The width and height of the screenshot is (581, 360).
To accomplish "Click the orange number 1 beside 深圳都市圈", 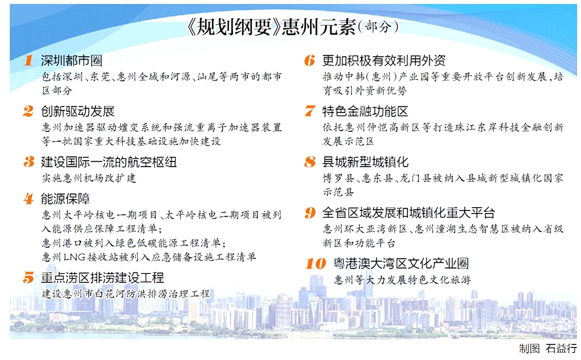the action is pyautogui.click(x=29, y=60).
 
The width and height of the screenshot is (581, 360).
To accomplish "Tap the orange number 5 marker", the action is pyautogui.click(x=28, y=277).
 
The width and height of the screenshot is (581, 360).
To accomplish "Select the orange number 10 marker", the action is pyautogui.click(x=315, y=263).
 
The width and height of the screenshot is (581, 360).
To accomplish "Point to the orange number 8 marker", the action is pyautogui.click(x=310, y=162).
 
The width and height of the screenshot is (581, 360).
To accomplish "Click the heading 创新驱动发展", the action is pyautogui.click(x=78, y=111).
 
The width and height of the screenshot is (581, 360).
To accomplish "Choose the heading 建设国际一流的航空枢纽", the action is pyautogui.click(x=108, y=162).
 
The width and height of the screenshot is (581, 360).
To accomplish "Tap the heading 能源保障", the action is pyautogui.click(x=65, y=199).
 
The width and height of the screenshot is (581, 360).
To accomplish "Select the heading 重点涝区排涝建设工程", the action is pyautogui.click(x=102, y=278).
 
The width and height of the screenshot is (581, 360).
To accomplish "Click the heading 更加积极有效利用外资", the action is pyautogui.click(x=384, y=60).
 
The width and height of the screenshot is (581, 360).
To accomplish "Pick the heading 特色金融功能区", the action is pyautogui.click(x=366, y=111).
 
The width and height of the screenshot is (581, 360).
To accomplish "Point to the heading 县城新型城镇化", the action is pyautogui.click(x=366, y=162).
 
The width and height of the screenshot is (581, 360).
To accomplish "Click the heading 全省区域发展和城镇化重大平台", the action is pyautogui.click(x=409, y=213).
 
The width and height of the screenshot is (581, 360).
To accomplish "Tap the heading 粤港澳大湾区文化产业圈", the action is pyautogui.click(x=401, y=263).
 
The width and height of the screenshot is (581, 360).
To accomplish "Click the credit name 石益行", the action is pyautogui.click(x=561, y=348).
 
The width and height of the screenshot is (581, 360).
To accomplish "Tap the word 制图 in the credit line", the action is pyautogui.click(x=529, y=348).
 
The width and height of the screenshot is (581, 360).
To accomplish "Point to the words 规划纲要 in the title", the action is pyautogui.click(x=234, y=27).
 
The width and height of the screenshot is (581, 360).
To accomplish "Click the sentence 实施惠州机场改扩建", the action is pyautogui.click(x=89, y=178).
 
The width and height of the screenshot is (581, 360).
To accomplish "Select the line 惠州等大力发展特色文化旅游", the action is pyautogui.click(x=402, y=280).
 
